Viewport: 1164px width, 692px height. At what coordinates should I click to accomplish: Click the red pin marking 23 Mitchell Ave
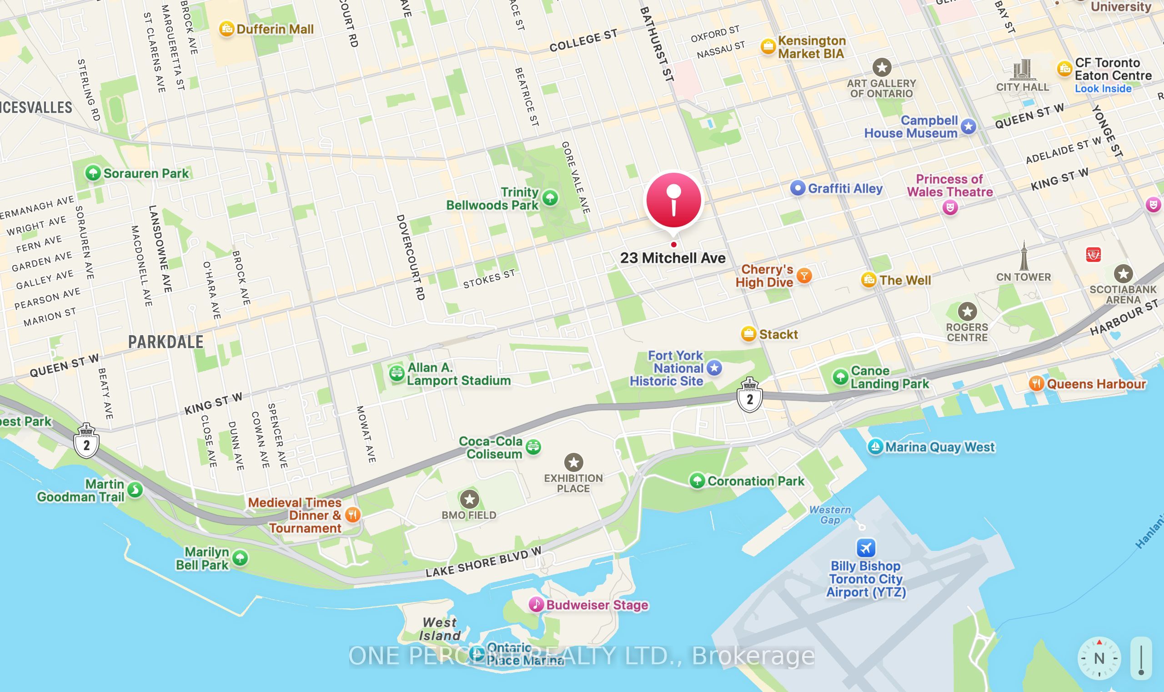tap(673, 201)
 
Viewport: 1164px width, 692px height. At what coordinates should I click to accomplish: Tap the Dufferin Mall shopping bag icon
tap(226, 29)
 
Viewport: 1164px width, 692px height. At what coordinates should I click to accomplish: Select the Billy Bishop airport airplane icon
tap(866, 547)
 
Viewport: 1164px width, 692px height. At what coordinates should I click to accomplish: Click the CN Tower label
tap(1023, 277)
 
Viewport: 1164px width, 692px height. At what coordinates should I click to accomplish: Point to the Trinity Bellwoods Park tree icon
tap(550, 198)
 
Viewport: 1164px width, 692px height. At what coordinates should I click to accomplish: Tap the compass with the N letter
tap(1099, 658)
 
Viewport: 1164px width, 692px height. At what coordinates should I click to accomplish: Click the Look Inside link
tap(1103, 89)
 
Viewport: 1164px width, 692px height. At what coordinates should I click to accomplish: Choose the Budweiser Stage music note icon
tap(536, 605)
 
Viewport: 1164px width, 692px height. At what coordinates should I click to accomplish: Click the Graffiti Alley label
tap(845, 188)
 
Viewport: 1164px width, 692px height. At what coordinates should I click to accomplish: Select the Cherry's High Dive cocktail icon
tap(804, 276)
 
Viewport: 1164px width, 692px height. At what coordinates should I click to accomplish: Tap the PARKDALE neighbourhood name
tap(166, 342)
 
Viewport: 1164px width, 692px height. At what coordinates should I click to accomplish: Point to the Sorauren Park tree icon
tap(93, 173)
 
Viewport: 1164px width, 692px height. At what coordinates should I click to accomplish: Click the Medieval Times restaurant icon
tap(352, 515)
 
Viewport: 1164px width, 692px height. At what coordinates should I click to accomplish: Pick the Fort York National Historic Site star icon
tap(714, 368)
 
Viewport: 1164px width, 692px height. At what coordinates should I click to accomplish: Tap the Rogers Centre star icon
tap(967, 311)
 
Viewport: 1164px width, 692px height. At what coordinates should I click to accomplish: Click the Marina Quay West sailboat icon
tap(875, 447)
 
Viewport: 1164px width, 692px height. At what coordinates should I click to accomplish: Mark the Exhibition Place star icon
tap(574, 462)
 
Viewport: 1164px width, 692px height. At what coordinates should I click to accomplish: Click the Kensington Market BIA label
tap(812, 47)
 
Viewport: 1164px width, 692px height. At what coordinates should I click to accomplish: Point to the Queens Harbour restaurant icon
tap(1036, 384)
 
